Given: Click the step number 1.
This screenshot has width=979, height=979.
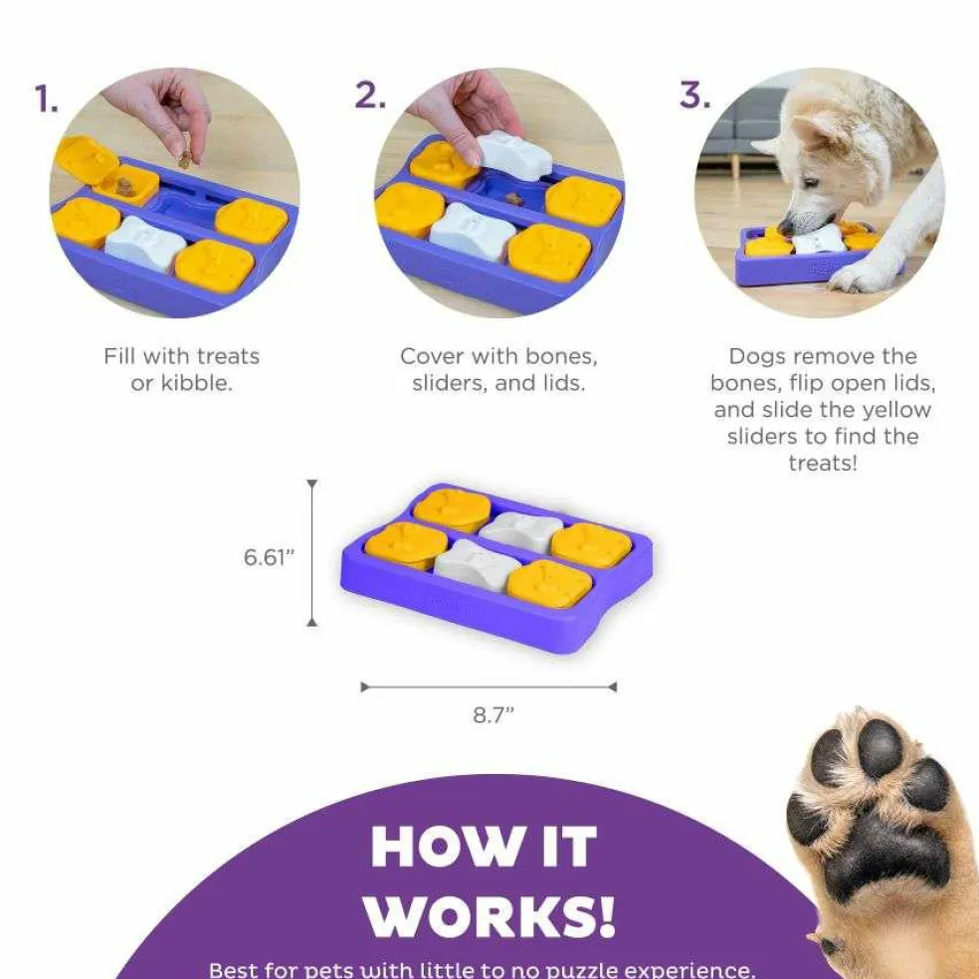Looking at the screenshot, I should (46, 99).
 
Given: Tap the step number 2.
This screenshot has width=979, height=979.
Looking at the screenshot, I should (369, 95).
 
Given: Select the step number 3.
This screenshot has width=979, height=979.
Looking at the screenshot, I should (695, 96).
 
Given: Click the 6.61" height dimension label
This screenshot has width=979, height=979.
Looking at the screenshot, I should (270, 557).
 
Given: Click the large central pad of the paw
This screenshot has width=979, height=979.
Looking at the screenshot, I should (887, 846).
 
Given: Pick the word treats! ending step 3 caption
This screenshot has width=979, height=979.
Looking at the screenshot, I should (822, 463).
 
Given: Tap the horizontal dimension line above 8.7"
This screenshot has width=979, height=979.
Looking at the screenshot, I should (489, 686).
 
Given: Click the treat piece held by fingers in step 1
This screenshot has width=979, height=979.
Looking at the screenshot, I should (186, 156).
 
